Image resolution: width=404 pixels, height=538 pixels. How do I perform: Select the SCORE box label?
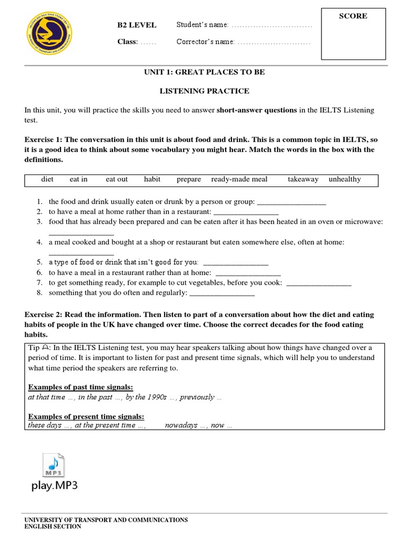[353, 16]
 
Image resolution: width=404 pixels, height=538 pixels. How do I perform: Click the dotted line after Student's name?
[271, 26]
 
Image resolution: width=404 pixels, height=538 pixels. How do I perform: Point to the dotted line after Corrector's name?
[274, 42]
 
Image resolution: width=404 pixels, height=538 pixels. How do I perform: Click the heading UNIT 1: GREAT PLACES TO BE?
[205, 72]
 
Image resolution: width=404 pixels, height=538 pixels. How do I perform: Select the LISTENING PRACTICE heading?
[205, 91]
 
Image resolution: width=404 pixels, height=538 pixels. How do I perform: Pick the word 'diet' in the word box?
[47, 179]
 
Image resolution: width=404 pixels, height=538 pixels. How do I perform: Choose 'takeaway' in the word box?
[303, 179]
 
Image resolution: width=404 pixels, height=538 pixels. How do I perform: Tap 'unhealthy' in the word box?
[345, 179]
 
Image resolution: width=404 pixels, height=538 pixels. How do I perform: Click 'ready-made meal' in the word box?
[239, 179]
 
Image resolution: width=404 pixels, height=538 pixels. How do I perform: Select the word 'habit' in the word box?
[152, 179]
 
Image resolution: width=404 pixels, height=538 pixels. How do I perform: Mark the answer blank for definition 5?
[235, 263]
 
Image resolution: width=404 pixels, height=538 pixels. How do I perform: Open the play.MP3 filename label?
[54, 485]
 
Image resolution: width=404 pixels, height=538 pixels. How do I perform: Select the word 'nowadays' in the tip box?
[180, 425]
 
